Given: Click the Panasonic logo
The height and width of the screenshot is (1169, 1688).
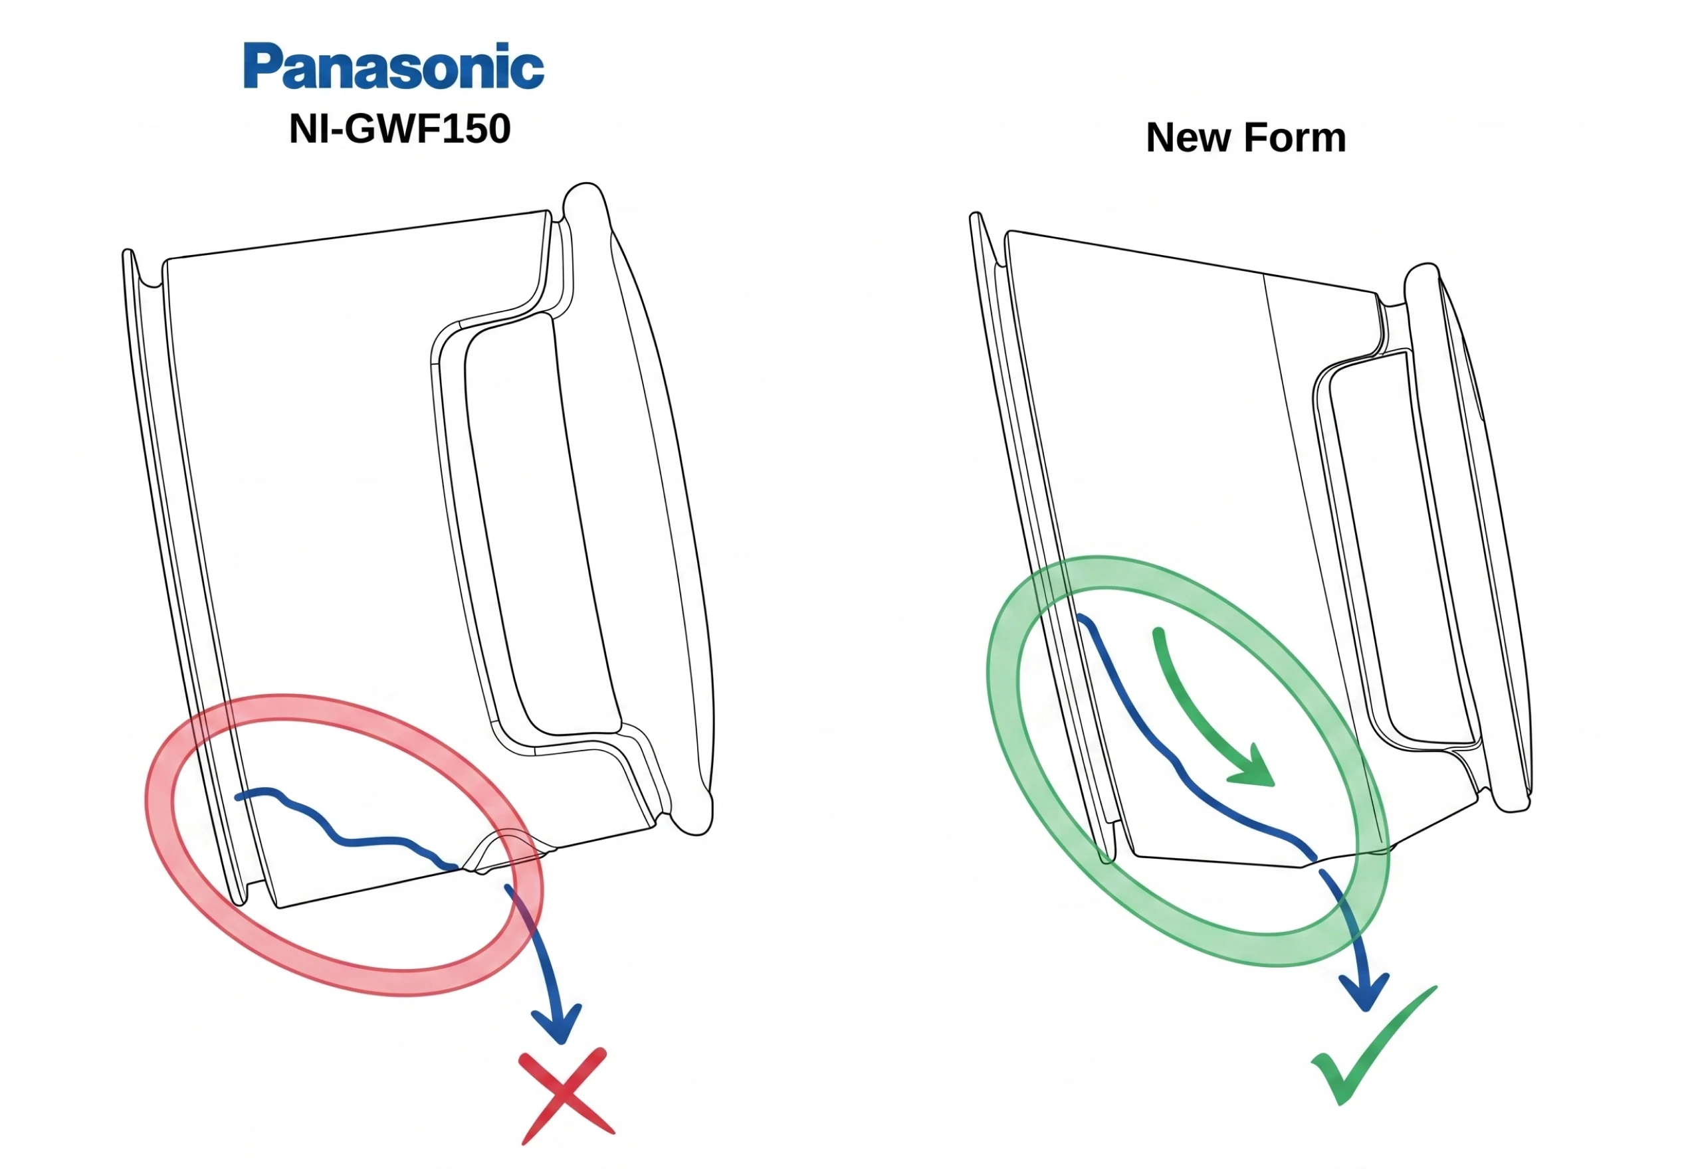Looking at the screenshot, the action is tap(393, 66).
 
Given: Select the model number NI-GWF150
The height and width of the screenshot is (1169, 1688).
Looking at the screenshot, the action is tap(399, 129).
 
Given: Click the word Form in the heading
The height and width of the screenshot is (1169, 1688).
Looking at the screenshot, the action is tap(1296, 137).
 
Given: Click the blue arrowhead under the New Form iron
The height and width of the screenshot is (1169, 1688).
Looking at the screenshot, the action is tap(1364, 992).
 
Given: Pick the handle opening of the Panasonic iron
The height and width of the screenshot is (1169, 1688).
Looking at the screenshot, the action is tap(542, 523).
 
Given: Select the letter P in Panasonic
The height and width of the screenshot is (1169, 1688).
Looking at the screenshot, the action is tap(263, 66).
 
